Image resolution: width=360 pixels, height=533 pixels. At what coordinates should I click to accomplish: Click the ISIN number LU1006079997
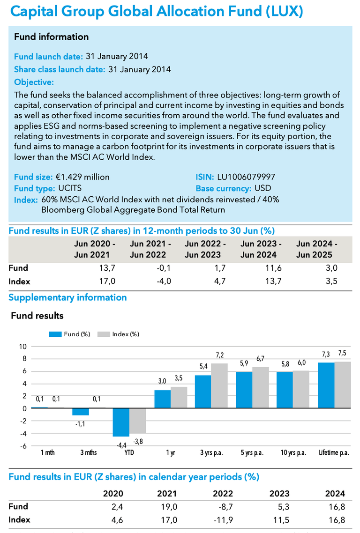(246, 177)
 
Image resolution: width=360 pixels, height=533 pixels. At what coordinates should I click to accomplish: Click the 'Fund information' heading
(51, 37)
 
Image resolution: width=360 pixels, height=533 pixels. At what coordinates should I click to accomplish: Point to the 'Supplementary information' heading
(67, 297)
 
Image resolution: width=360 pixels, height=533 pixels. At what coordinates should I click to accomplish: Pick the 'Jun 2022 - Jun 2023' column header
(205, 249)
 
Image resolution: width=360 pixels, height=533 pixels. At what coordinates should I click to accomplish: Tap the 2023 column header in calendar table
(279, 494)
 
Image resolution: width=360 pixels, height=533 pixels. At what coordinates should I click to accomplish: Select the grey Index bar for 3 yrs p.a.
(219, 385)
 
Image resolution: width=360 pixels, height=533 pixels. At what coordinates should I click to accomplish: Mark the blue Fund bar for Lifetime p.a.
(325, 385)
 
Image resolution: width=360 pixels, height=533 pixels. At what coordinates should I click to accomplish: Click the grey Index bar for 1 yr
(179, 397)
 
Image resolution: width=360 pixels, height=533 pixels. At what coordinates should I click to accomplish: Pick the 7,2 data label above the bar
(219, 356)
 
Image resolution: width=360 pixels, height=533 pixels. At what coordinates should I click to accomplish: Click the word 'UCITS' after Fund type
(70, 188)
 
